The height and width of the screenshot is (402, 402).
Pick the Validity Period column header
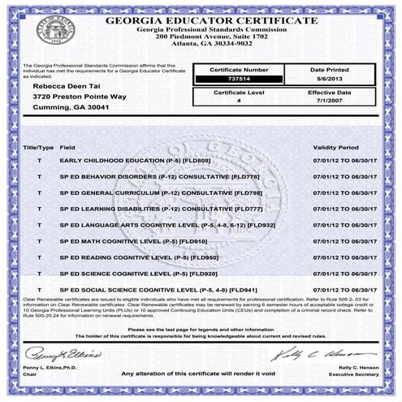click(335, 149)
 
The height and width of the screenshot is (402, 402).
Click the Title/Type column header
click(37, 149)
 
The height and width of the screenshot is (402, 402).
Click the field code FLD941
click(244, 290)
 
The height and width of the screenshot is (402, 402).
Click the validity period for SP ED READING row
click(344, 258)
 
